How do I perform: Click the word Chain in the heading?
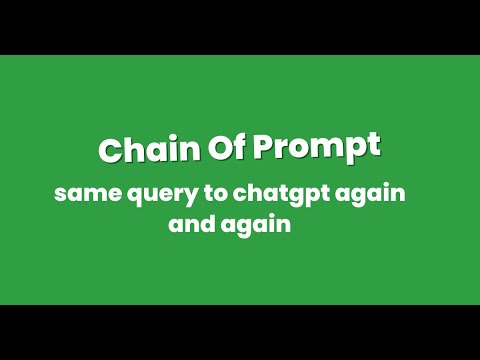click(x=149, y=148)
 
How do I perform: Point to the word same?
click(x=88, y=194)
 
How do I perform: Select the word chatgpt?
click(x=281, y=194)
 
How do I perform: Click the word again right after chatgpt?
click(x=370, y=194)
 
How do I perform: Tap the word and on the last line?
click(x=192, y=223)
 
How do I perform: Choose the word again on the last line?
click(x=256, y=225)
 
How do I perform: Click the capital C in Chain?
click(x=110, y=150)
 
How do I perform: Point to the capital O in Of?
click(x=221, y=147)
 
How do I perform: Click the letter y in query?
click(x=191, y=197)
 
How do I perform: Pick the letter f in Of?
click(x=240, y=146)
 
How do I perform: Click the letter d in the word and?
click(x=207, y=223)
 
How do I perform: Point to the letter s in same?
click(x=60, y=194)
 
